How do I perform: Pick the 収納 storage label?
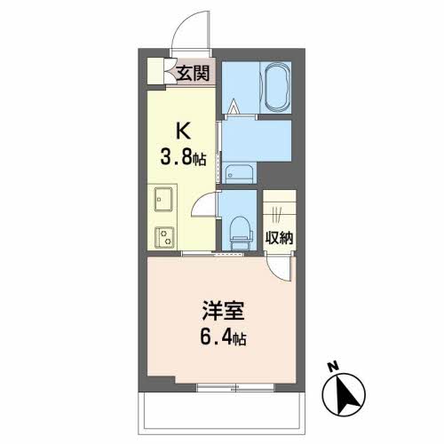(x=280, y=237)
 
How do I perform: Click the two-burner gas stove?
(x=163, y=236)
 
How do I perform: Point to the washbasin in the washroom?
(x=237, y=173)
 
